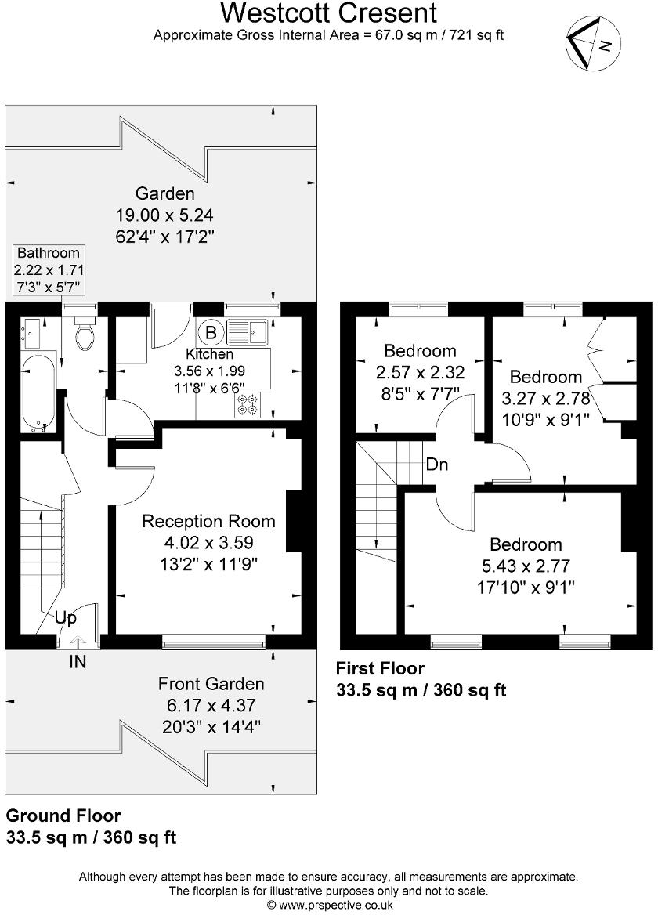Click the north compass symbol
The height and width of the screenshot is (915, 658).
(593, 45)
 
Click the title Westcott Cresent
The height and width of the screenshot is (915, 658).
(328, 13)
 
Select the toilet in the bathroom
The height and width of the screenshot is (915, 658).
(85, 335)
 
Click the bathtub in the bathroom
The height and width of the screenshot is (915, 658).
(38, 392)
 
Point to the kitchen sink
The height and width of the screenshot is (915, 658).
(248, 332)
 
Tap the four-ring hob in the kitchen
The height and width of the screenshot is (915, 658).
(249, 403)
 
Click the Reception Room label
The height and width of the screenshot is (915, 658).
(208, 521)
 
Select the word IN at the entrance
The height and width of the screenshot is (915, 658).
(78, 662)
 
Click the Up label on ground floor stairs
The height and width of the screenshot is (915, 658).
(65, 619)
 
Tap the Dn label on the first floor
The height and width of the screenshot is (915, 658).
(437, 464)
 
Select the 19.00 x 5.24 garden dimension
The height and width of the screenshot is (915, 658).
(164, 214)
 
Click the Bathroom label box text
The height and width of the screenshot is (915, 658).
(49, 253)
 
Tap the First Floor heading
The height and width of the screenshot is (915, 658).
(380, 668)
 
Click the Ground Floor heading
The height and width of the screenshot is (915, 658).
(63, 816)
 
